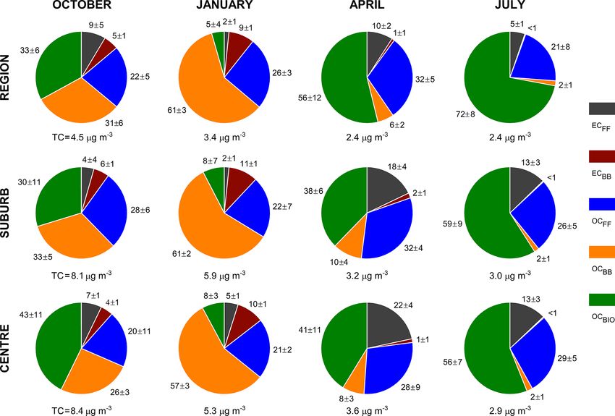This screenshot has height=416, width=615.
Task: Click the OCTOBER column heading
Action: pyautogui.click(x=81, y=8)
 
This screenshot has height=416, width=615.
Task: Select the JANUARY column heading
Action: pyautogui.click(x=224, y=8)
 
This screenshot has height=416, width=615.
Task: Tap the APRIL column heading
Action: pyautogui.click(x=367, y=8)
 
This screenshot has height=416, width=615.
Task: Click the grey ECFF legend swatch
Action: pyautogui.click(x=603, y=109)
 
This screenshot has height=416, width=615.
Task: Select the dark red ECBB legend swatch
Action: pyautogui.click(x=603, y=156)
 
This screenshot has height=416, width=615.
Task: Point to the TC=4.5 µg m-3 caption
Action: pyautogui.click(x=80, y=135)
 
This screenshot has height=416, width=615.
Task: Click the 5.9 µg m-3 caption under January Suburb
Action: pyautogui.click(x=224, y=273)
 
